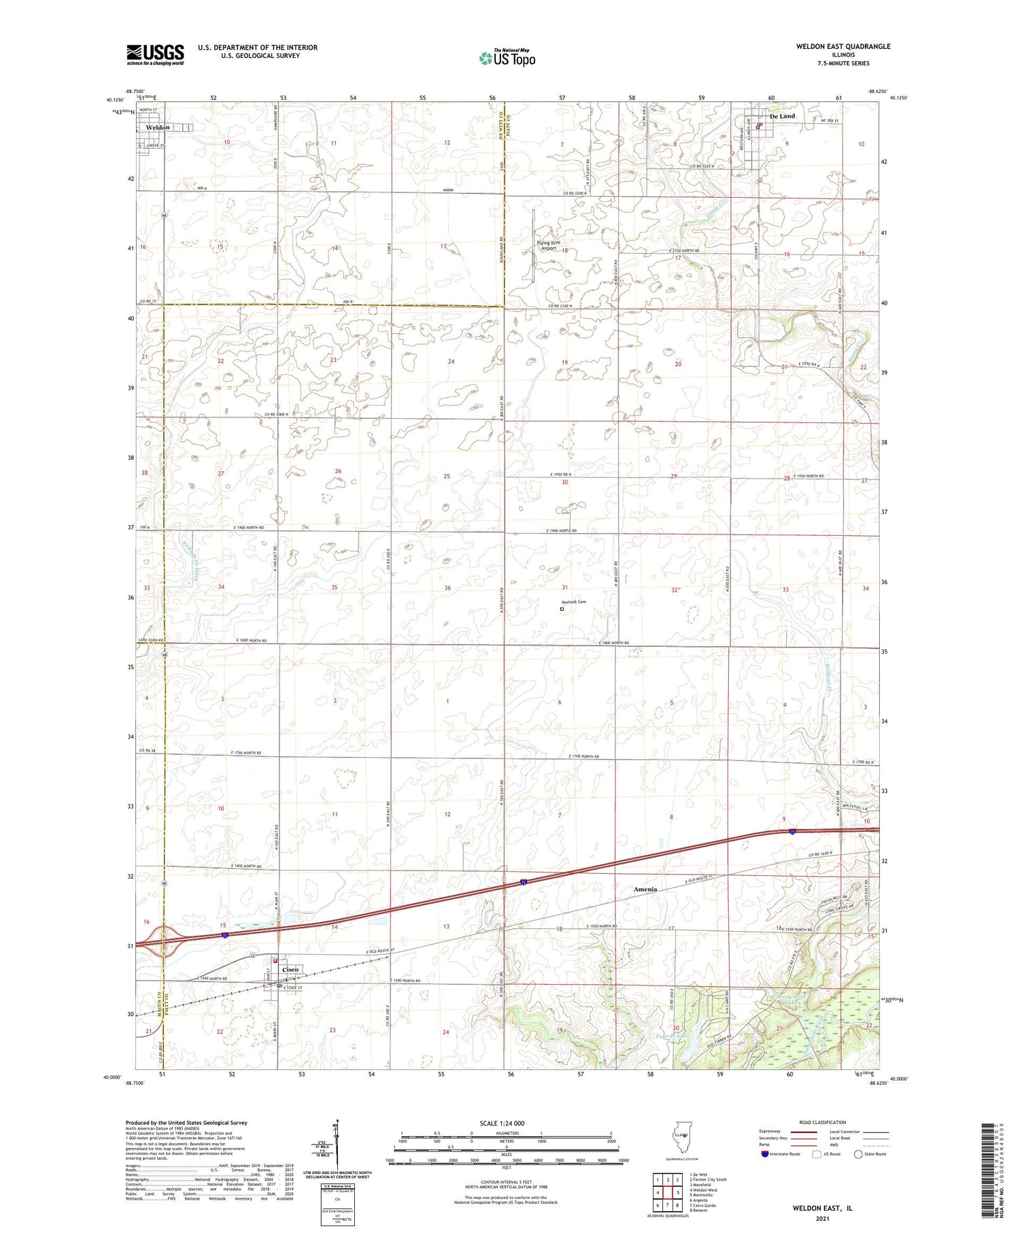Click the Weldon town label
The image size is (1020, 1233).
pyautogui.click(x=158, y=127)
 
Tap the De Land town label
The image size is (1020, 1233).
pyautogui.click(x=781, y=116)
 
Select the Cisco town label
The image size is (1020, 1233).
pyautogui.click(x=290, y=969)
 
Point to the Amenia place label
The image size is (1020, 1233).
pyautogui.click(x=645, y=889)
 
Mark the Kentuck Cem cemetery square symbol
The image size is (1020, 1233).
pyautogui.click(x=562, y=609)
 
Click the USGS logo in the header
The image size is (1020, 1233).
pyautogui.click(x=155, y=54)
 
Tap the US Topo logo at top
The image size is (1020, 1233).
pyautogui.click(x=507, y=58)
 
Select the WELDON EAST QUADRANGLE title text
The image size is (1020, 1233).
pyautogui.click(x=843, y=47)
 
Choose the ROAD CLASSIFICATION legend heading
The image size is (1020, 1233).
pyautogui.click(x=823, y=1122)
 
